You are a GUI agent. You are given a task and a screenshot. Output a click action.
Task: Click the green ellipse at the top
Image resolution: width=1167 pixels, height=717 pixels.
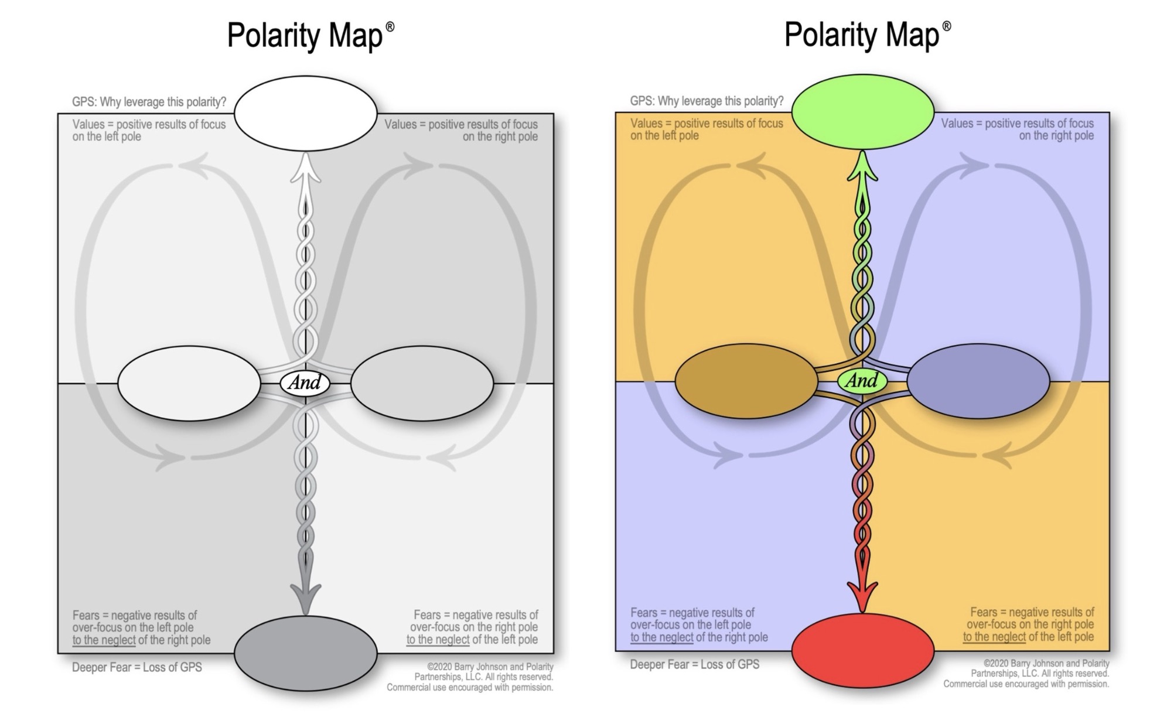point(862,111)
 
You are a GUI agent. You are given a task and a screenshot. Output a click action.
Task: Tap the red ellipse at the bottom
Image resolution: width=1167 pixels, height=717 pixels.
point(862,651)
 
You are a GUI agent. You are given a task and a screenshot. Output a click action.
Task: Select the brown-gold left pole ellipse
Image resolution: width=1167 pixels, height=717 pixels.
point(746,381)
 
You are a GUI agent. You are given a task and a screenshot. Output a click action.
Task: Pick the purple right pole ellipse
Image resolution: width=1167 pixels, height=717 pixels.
point(978,381)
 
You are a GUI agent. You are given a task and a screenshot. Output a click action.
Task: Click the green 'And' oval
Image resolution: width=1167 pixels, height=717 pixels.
point(862,381)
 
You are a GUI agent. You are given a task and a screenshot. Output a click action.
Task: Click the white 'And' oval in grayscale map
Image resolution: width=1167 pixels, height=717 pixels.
point(305,383)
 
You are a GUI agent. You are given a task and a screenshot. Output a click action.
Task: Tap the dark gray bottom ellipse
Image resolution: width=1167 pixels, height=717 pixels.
point(305,653)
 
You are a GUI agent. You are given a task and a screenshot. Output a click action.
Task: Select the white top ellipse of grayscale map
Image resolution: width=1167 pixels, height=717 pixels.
point(305,113)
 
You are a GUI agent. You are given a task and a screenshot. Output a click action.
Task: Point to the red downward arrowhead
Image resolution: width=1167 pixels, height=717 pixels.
point(862,595)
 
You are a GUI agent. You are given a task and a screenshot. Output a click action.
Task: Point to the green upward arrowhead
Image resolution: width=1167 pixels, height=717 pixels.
point(862,167)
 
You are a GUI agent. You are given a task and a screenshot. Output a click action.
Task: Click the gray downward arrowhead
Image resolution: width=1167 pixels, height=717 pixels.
point(305,597)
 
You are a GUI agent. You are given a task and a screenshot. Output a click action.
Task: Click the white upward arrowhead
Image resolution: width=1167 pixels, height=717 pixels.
point(305,169)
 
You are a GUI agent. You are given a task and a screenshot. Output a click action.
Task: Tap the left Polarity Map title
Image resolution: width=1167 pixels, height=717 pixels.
point(310,35)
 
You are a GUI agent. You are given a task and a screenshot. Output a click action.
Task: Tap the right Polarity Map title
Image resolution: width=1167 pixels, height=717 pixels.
point(867,34)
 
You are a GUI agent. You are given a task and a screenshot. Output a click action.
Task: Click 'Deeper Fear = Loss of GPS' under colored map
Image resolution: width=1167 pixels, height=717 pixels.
point(694,664)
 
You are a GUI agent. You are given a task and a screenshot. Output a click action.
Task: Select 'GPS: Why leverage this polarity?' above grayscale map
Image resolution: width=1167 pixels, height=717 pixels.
point(149,102)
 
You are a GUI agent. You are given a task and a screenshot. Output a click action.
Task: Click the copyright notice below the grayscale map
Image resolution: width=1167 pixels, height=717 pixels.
point(470,677)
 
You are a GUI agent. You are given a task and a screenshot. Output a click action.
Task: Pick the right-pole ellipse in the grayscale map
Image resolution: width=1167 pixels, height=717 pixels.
point(422,383)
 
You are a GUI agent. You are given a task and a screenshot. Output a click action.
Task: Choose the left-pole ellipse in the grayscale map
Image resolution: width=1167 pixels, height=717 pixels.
point(189,383)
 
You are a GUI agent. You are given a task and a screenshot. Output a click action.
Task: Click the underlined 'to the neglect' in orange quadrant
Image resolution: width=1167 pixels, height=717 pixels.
point(994,637)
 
